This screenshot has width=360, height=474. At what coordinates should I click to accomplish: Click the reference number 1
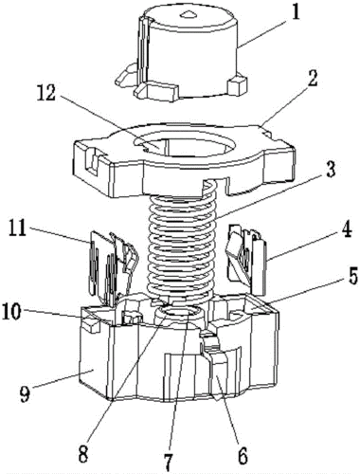click(x=296, y=13)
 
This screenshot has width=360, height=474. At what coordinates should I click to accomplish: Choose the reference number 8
click(x=82, y=454)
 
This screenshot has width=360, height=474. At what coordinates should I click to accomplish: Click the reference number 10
click(x=12, y=312)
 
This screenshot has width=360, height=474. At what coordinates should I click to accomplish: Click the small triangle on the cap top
click(x=189, y=14)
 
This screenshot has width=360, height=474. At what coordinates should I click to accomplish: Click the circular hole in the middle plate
click(x=187, y=146)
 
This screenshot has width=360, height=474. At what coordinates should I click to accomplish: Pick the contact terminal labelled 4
click(x=247, y=259)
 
